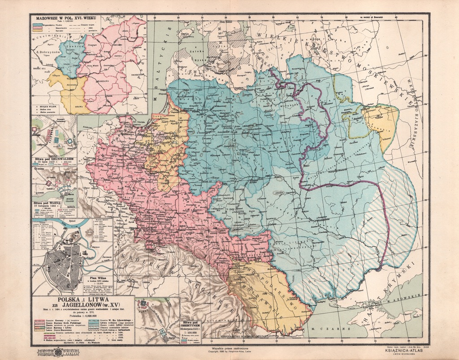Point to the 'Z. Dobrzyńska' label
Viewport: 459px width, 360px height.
click(x=46, y=51)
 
